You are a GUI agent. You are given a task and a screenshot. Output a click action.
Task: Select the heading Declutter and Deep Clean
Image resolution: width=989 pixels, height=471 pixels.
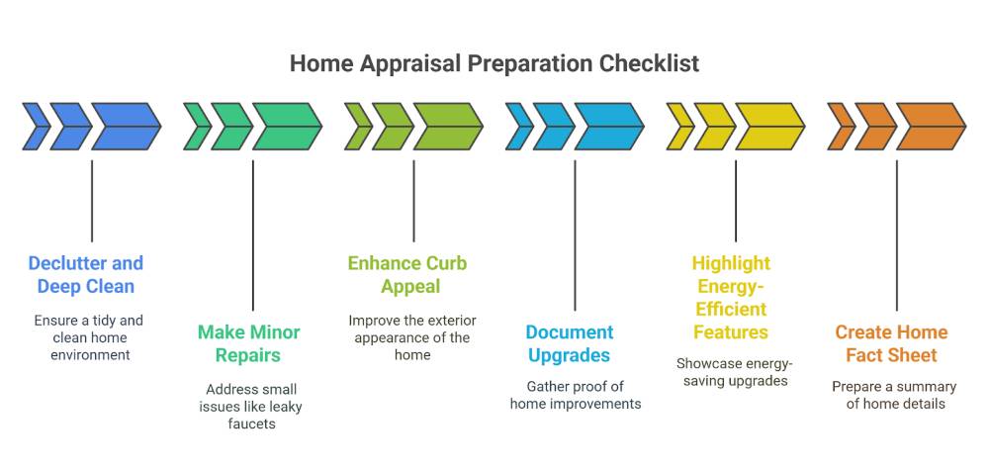(86, 275)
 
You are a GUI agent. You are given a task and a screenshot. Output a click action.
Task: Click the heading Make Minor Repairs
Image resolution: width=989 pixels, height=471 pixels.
(248, 343)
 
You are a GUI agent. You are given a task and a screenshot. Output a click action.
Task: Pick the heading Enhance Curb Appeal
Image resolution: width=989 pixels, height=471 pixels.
(408, 275)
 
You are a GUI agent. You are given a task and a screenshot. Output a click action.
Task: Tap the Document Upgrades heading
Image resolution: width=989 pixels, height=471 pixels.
(569, 344)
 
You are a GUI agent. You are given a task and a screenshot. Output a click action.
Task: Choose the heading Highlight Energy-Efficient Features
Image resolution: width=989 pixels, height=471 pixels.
(731, 298)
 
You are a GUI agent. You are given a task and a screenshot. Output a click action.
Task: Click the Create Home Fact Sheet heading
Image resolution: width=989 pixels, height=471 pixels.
(891, 343)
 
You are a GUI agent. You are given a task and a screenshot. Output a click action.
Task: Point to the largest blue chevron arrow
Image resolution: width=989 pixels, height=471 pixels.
(127, 127)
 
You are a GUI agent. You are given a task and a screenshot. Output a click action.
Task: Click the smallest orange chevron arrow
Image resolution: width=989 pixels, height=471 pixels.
(842, 127)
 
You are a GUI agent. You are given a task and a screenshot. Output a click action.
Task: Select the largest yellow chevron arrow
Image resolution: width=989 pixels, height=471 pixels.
(770, 127)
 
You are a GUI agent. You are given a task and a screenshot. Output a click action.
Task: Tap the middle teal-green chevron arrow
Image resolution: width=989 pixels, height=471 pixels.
(231, 127)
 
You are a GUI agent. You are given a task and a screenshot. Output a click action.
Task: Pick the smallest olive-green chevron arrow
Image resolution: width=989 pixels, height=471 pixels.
(358, 127)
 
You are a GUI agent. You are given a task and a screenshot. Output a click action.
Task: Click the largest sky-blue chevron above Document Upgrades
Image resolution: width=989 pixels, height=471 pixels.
(609, 127)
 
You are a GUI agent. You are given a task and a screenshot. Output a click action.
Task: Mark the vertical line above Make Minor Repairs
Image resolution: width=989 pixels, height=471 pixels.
(253, 235)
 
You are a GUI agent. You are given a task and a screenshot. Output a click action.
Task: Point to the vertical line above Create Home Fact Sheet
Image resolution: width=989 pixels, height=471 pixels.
(897, 235)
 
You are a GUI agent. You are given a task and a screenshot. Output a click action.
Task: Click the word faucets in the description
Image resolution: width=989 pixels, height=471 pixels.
(251, 424)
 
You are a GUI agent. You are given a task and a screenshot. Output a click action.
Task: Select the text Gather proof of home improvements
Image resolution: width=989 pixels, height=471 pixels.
(576, 395)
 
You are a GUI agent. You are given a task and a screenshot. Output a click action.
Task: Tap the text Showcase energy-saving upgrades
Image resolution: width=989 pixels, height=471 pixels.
(735, 372)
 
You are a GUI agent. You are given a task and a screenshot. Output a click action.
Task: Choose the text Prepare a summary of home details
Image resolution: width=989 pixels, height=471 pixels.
(895, 395)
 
